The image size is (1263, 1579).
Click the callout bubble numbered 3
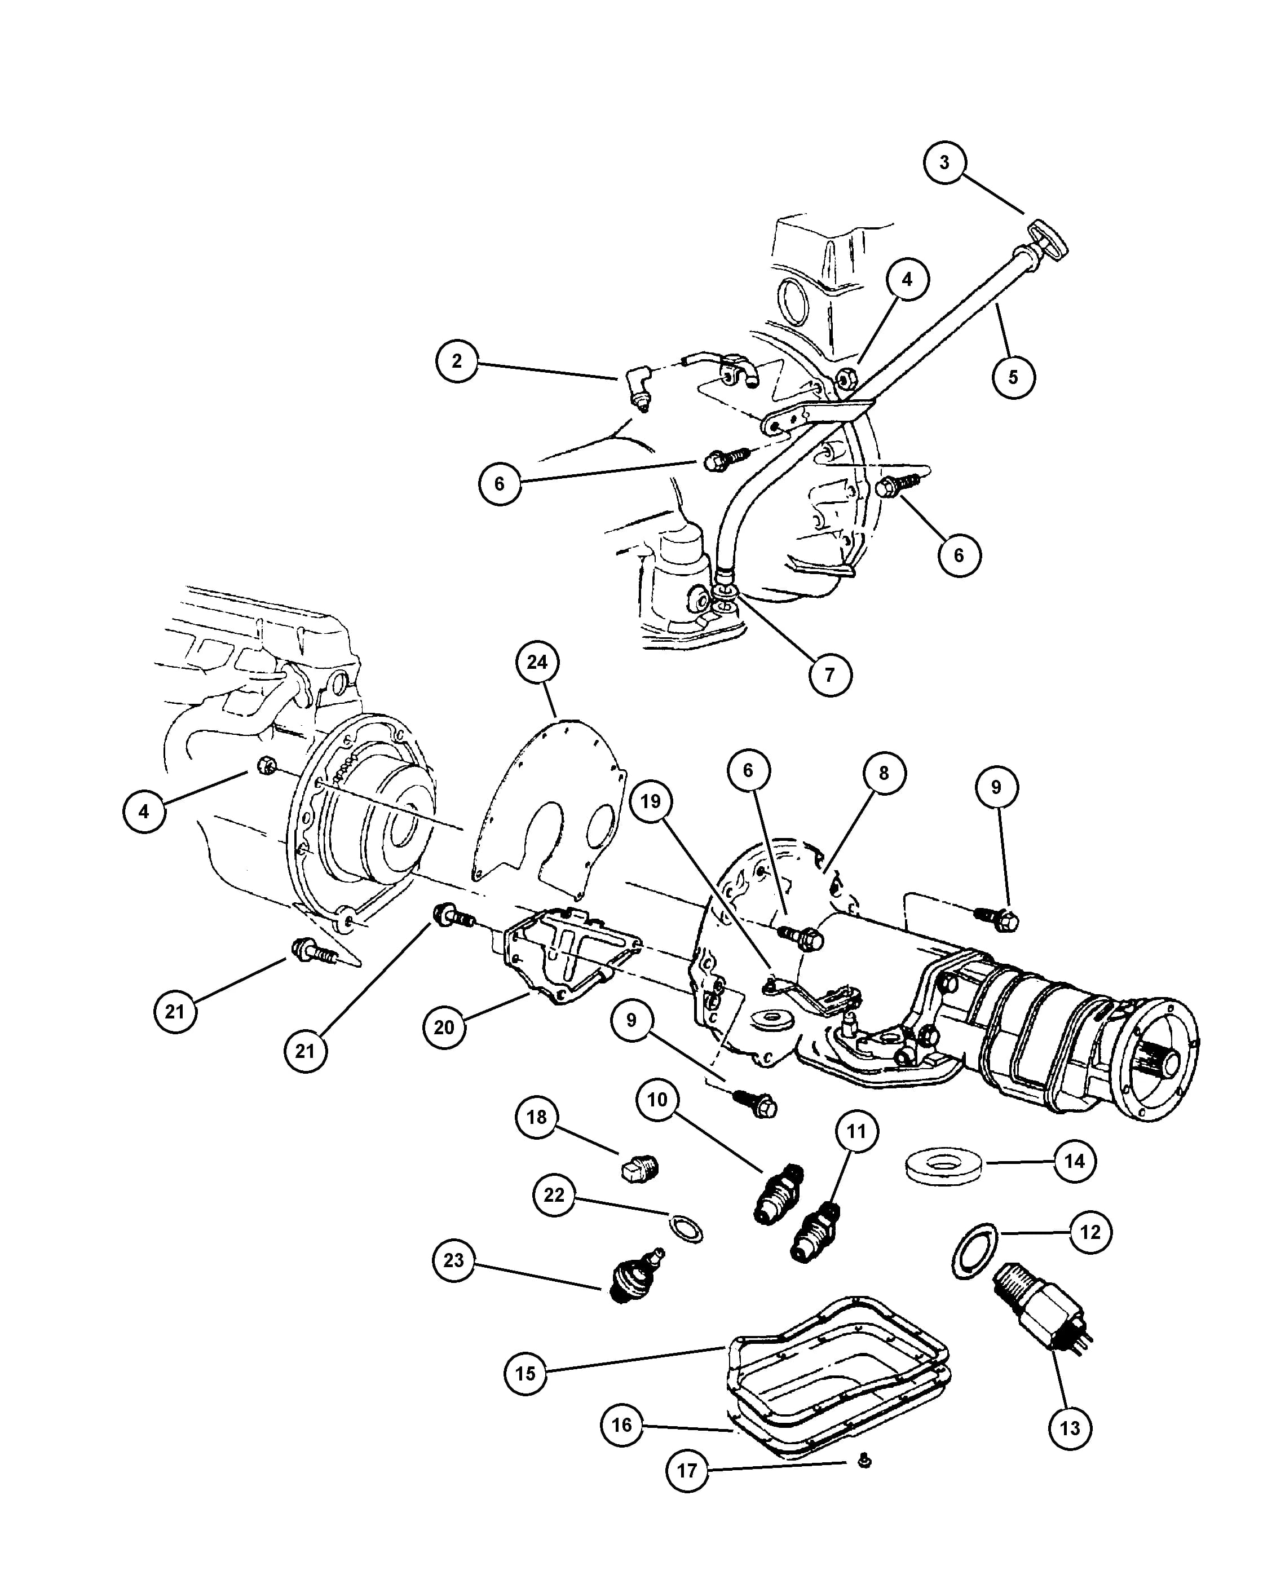click(x=944, y=162)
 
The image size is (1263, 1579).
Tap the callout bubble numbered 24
click(x=537, y=662)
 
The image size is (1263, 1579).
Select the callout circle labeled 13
click(x=1070, y=1427)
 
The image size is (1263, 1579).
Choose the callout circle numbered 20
click(x=444, y=1027)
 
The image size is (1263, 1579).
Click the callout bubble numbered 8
click(x=884, y=773)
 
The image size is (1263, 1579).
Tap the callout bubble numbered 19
click(x=650, y=801)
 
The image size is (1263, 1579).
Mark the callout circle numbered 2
click(x=457, y=360)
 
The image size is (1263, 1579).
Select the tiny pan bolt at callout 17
click(x=864, y=1462)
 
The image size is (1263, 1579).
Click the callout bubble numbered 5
click(x=1013, y=377)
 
